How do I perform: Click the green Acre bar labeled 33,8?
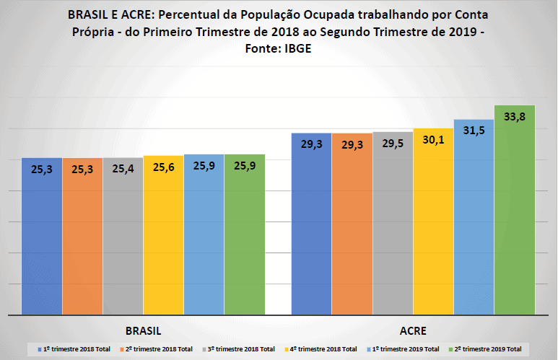point(514,216)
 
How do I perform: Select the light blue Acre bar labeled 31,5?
point(474,224)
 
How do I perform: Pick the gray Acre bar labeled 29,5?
point(393,231)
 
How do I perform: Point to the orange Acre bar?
point(352,231)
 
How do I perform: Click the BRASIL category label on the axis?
point(143,331)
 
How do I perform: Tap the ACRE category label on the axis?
point(412,331)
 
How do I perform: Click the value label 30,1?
point(433,140)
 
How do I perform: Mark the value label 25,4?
point(123,170)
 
